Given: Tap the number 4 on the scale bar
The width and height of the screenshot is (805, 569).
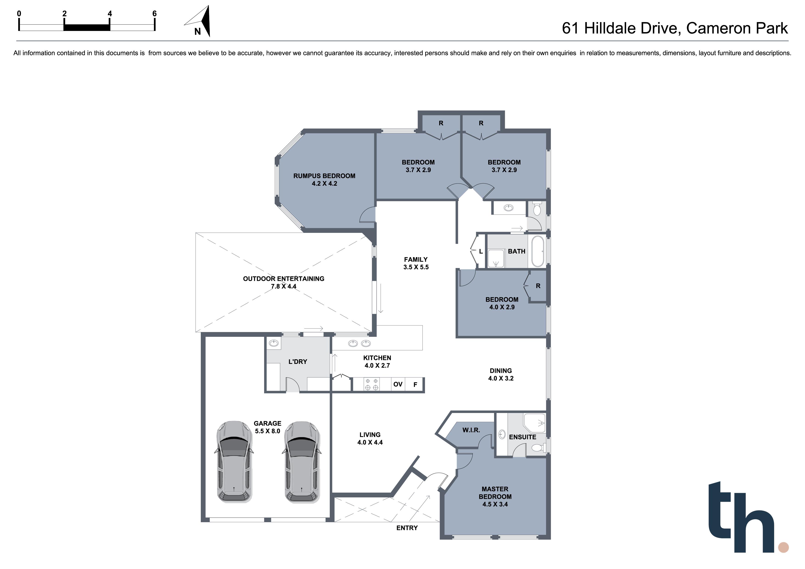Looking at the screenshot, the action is [x=110, y=14].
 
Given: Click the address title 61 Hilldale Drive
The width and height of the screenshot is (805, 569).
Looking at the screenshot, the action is [x=621, y=28].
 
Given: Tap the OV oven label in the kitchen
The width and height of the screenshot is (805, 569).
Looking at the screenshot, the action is [x=398, y=384].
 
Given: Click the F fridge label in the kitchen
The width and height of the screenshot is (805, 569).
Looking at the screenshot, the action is [x=415, y=385].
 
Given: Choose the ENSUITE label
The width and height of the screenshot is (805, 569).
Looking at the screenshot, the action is [x=523, y=437].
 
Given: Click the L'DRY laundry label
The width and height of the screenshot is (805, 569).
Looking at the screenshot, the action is [x=298, y=361].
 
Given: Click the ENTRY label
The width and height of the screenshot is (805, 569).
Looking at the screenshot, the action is [x=407, y=528].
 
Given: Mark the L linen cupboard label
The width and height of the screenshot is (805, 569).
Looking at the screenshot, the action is [x=481, y=251].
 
